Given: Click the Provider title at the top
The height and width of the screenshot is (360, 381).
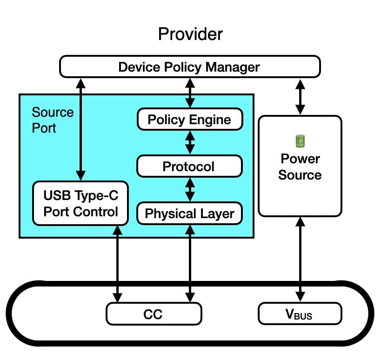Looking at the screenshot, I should pos(190,34).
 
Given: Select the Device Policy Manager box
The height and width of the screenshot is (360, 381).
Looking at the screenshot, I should pos(190,67).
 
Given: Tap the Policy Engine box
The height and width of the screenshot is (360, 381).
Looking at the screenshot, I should pos(189,120).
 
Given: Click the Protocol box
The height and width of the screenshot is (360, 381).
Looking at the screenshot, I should pos(189,166).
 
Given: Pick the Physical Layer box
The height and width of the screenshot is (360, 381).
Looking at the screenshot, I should pos(189,213).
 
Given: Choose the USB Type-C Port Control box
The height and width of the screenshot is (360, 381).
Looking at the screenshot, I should pos(80,203).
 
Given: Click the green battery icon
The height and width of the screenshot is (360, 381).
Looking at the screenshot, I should pos(300,140).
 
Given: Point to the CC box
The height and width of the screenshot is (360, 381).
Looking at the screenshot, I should pos(154,314).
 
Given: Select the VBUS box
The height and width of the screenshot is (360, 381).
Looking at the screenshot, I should pos(300,314).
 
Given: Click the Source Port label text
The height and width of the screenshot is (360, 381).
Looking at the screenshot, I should pos(53,120).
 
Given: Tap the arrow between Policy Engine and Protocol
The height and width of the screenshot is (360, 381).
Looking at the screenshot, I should pos(190,142).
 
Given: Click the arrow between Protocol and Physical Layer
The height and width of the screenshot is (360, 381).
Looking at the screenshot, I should pos(190,189).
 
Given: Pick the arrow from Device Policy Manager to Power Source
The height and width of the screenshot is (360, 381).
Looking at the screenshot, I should pos(301,96).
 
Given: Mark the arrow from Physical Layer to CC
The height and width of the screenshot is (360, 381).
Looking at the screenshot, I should pos(190,263).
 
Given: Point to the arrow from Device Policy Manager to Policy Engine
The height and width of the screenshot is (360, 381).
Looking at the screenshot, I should pos(190,93).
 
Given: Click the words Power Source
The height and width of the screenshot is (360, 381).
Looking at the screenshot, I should pos(300,167).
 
